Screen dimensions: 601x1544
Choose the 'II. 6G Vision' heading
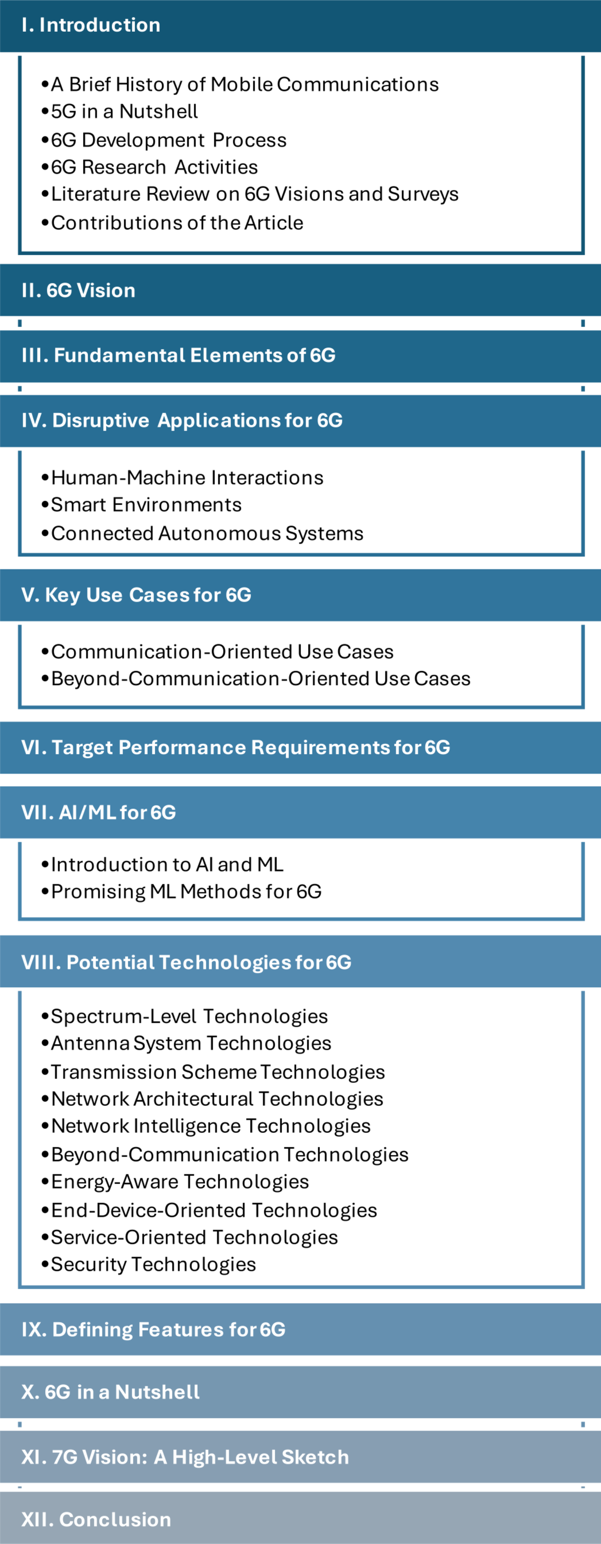(78, 291)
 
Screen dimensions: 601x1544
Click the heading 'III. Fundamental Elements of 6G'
(178, 355)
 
